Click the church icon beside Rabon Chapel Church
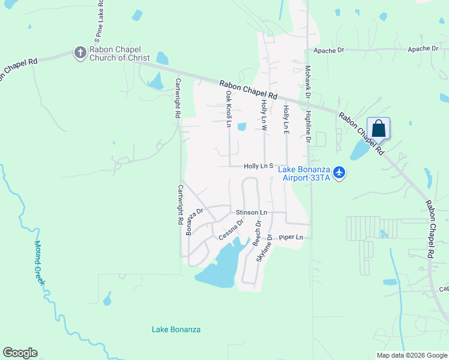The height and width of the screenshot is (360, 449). (x=79, y=53)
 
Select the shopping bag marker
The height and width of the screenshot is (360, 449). (x=378, y=128)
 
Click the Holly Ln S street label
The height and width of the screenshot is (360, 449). (x=259, y=166)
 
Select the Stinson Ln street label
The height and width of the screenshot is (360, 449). (x=251, y=212)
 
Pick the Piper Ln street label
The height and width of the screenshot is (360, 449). (x=292, y=238)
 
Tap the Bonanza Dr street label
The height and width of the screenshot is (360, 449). (x=194, y=221)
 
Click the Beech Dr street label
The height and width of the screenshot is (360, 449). (x=258, y=233)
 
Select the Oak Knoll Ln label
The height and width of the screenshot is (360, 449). (x=229, y=109)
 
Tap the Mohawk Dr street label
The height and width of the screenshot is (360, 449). (x=307, y=82)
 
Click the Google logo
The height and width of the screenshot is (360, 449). (x=20, y=353)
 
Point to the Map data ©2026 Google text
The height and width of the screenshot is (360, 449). (x=412, y=355)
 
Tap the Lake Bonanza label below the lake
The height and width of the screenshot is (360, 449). (x=176, y=329)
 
